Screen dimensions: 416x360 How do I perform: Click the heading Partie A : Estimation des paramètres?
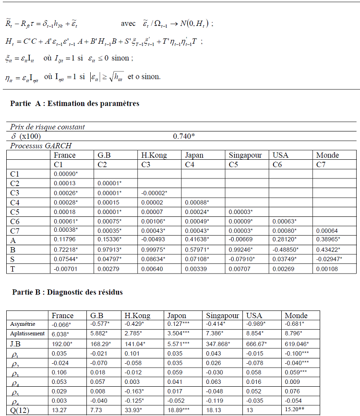pyautogui.click(x=74, y=103)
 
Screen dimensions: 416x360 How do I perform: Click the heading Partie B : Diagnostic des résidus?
pyautogui.click(x=67, y=292)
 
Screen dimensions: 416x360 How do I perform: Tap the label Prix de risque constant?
pyautogui.click(x=48, y=127)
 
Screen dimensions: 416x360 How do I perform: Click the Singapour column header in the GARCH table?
pyautogui.click(x=245, y=155)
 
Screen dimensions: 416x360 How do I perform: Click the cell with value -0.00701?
pyautogui.click(x=65, y=269)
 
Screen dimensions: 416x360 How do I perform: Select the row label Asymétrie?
pyautogui.click(x=23, y=324)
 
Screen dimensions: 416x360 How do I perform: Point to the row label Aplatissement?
pyautogui.click(x=26, y=333)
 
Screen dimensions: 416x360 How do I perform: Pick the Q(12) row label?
pyautogui.click(x=20, y=410)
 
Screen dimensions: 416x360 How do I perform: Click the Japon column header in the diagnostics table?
pyautogui.click(x=177, y=315)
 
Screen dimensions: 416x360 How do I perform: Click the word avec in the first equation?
pyautogui.click(x=129, y=24)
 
